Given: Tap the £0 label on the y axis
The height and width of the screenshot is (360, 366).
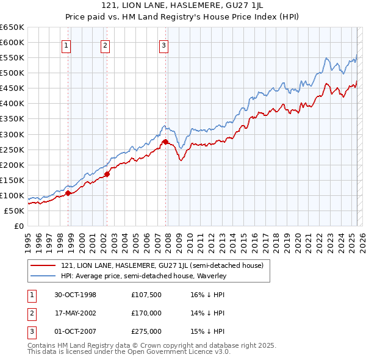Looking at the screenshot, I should point(19,226).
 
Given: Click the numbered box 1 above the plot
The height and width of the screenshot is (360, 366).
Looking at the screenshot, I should point(65,45).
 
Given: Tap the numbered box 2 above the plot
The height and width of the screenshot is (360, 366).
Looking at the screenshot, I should point(105,45).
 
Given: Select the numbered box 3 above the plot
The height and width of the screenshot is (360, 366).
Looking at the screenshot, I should point(164,45).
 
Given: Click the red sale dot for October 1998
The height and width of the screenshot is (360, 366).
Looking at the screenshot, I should point(68,193).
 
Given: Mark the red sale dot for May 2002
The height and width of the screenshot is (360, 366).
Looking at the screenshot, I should point(107,174).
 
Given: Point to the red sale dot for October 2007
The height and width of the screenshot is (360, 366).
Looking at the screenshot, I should point(165,142).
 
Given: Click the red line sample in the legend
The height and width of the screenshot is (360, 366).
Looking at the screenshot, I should point(44,265).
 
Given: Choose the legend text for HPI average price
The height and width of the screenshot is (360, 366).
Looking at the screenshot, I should point(143,276).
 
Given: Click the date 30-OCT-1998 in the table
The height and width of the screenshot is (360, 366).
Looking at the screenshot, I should point(76,295).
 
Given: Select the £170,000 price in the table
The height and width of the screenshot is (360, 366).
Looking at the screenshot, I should point(146,313).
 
